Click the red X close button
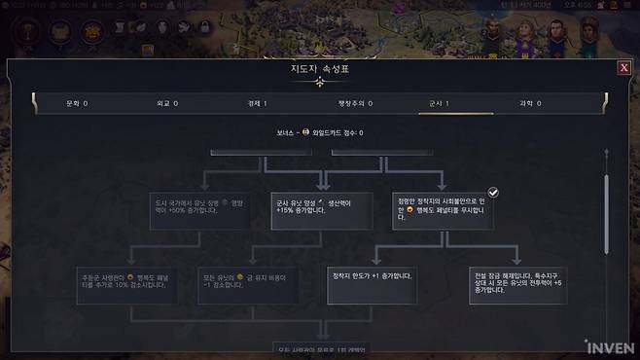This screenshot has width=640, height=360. tap(623, 68)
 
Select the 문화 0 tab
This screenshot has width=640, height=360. tap(77, 102)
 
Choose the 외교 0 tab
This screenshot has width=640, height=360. tap(167, 102)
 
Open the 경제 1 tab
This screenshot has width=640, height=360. tap(258, 102)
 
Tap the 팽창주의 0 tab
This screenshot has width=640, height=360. tap(348, 102)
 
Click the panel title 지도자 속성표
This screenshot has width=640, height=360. tap(319, 69)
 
